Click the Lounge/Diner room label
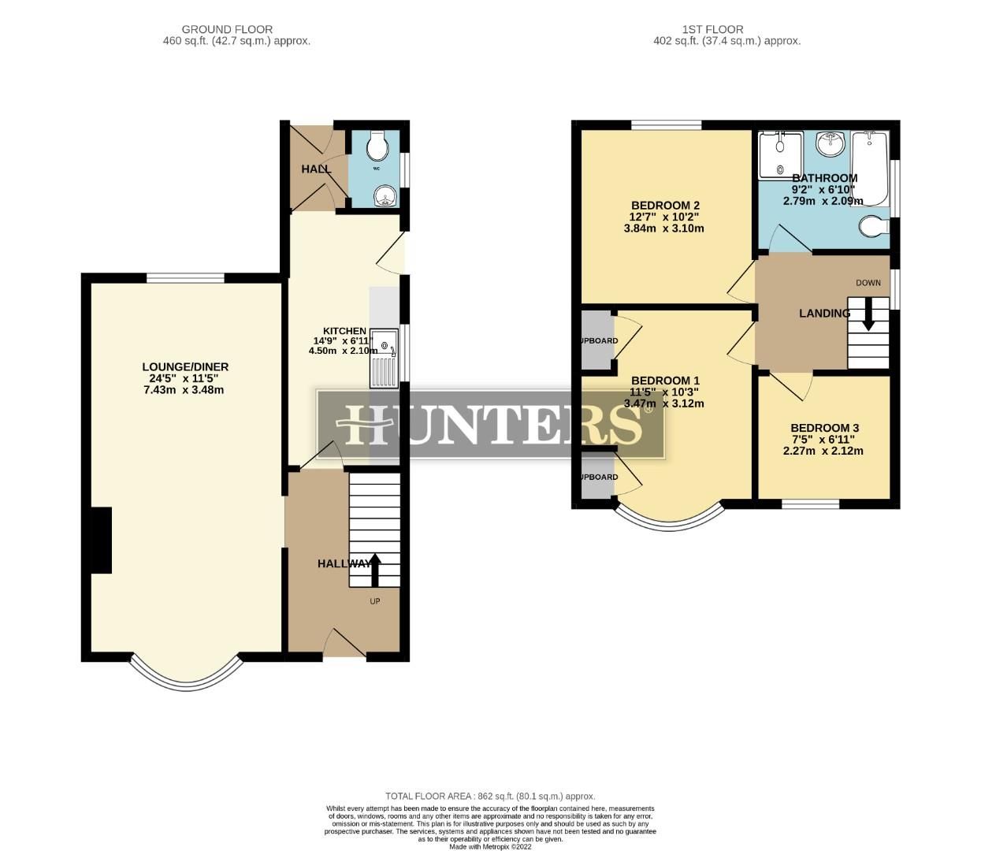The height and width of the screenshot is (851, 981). coord(185,367)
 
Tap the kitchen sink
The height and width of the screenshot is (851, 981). coord(385,359)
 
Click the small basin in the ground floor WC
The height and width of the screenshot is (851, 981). coord(384,195)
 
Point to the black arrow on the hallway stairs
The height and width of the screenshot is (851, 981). coord(374,569)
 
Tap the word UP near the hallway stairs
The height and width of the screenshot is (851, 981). coord(375,601)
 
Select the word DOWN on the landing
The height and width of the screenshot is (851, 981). coord(868,283)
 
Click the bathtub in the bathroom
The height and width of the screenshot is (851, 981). coord(871,167)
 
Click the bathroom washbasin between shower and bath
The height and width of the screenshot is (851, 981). coord(828,144)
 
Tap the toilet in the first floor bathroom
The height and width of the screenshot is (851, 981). coord(873,227)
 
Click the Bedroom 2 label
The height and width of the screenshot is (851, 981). coord(664,206)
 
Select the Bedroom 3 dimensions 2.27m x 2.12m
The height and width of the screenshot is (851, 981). coord(823,452)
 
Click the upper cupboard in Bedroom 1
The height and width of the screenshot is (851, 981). coord(596,340)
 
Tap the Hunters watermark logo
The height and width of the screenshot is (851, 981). coord(490,424)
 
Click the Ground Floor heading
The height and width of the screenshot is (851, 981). coord(227,29)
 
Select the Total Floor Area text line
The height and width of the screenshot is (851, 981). coord(490,797)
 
